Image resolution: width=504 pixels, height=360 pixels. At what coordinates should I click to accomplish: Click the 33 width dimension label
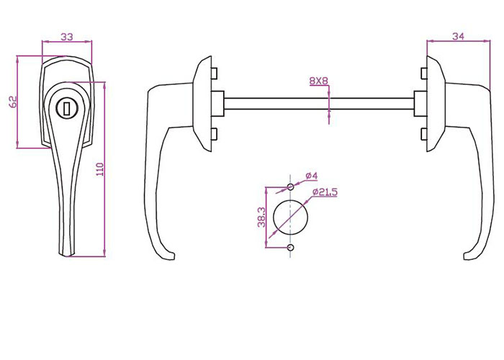pyautogui.click(x=67, y=36)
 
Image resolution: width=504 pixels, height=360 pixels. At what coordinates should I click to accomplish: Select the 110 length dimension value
pyautogui.click(x=101, y=169)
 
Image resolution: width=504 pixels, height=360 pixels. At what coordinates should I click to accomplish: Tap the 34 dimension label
pyautogui.click(x=458, y=36)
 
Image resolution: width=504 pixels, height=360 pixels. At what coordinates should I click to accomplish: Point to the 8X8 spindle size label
pyautogui.click(x=318, y=81)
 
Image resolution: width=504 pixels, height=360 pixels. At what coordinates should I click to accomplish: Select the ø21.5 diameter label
pyautogui.click(x=325, y=192)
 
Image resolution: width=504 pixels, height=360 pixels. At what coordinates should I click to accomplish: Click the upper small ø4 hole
pyautogui.click(x=290, y=187)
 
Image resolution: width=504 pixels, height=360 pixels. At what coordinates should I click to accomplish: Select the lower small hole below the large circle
pyautogui.click(x=290, y=248)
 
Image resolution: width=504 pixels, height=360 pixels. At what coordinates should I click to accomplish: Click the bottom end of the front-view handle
pyautogui.click(x=67, y=252)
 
